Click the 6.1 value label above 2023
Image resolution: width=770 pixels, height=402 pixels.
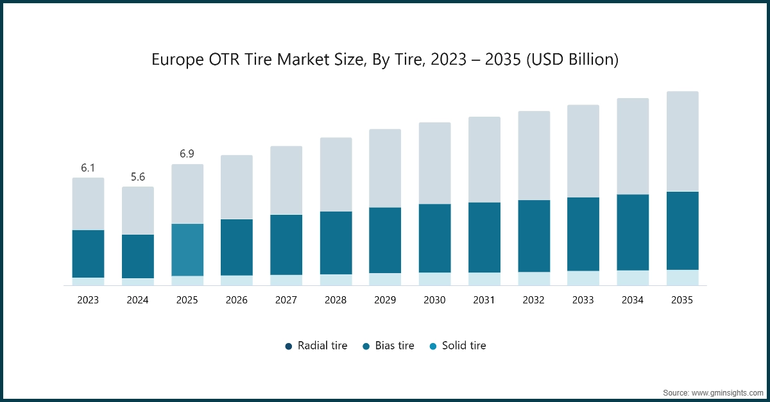[x=88, y=168]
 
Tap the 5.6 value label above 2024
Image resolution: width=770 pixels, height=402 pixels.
[x=138, y=177]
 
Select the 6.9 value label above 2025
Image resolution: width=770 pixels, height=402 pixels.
[x=187, y=154]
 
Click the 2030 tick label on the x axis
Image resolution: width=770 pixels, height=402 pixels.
[x=434, y=300]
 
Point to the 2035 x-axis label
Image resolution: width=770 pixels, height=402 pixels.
[x=682, y=300]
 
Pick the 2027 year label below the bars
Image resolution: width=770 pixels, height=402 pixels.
[x=286, y=300]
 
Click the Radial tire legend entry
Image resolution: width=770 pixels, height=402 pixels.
[x=316, y=346]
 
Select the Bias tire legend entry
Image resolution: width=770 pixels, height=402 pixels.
[x=388, y=346]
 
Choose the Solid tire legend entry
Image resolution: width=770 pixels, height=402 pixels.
[x=458, y=346]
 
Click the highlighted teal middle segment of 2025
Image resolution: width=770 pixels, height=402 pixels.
[x=187, y=249]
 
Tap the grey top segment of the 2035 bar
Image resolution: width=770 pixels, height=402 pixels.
[x=682, y=141]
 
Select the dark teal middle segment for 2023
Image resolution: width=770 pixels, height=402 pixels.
[x=88, y=253]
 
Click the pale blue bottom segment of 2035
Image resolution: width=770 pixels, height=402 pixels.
[x=682, y=278]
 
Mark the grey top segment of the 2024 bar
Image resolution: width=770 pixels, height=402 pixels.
[x=138, y=210]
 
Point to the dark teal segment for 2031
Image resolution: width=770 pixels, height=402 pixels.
[x=484, y=237]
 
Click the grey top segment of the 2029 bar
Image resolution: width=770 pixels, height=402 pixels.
[x=385, y=168]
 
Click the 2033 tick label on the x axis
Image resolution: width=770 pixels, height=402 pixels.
[x=583, y=300]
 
